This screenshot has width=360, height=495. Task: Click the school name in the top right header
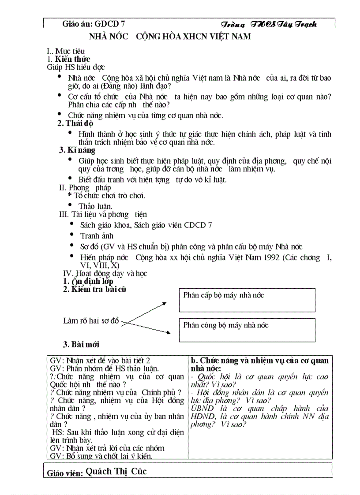268,24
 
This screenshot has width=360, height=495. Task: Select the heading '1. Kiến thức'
68,59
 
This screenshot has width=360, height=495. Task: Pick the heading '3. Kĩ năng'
77,150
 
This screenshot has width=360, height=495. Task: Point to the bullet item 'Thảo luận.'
95,206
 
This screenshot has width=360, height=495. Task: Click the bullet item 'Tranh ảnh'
97,235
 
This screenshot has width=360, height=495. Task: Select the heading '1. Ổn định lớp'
88,281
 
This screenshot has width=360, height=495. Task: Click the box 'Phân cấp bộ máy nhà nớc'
247,300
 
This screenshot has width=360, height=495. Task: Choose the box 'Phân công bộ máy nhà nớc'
247,330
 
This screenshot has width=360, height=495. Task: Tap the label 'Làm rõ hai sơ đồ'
91,321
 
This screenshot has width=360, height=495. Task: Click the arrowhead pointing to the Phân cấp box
164,303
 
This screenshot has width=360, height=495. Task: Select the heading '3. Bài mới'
82,345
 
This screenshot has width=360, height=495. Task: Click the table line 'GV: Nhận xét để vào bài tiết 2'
100,360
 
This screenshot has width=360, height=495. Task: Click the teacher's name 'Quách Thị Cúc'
116,471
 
